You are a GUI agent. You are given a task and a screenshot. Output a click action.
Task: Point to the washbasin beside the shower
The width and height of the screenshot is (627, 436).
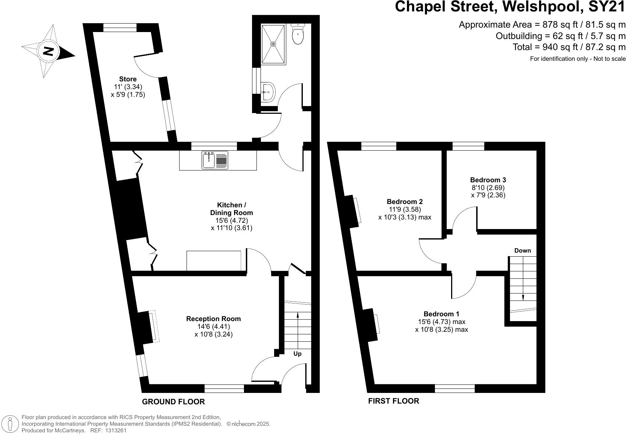point(268,91)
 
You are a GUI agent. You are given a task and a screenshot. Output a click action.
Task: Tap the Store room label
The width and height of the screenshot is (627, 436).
point(128,79)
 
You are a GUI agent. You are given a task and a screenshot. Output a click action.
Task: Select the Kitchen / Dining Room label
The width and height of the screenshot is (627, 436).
point(231,209)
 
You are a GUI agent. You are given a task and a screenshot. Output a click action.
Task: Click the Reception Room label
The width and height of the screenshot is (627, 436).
point(213,319)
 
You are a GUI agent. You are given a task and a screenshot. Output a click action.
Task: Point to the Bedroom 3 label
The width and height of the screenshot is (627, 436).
point(488,180)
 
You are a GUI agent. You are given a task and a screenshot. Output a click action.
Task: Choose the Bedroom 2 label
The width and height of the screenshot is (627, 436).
point(405,201)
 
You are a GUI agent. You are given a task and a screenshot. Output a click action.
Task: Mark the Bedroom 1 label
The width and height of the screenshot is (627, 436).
point(441,314)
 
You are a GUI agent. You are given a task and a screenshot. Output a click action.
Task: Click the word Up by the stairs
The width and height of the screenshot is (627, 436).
point(297,354)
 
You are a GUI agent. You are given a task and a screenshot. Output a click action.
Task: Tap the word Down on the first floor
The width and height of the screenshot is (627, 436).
point(522,251)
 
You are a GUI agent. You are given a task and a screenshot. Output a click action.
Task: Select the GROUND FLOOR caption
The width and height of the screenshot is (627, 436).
point(173,402)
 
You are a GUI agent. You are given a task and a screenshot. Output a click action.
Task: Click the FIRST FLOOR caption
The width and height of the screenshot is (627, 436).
point(393,401)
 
